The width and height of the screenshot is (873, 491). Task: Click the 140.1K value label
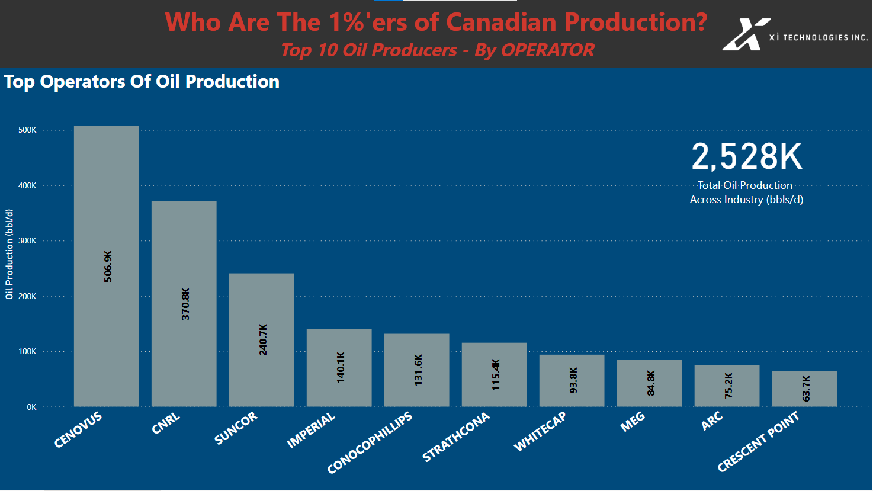coord(341,367)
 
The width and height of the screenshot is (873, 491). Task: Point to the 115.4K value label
coord(496,374)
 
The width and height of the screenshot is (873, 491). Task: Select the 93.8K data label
coord(573,380)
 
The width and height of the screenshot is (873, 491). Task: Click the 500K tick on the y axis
coord(27,130)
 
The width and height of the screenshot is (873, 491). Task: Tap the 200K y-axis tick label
coord(27,296)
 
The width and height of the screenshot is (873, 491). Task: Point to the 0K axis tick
coord(31,407)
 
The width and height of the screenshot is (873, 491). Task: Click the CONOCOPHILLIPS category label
coord(370,443)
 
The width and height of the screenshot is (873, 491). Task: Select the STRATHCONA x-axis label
coord(456,437)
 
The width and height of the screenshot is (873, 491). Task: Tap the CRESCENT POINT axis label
coord(758,442)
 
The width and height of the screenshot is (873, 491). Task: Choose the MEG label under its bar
coord(633,422)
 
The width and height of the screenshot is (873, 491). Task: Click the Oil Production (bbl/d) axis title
coord(9,254)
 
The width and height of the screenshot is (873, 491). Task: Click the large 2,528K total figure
coord(746,157)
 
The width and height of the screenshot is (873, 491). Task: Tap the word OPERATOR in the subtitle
coord(547,50)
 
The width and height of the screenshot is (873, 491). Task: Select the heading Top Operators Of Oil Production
coord(142,82)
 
